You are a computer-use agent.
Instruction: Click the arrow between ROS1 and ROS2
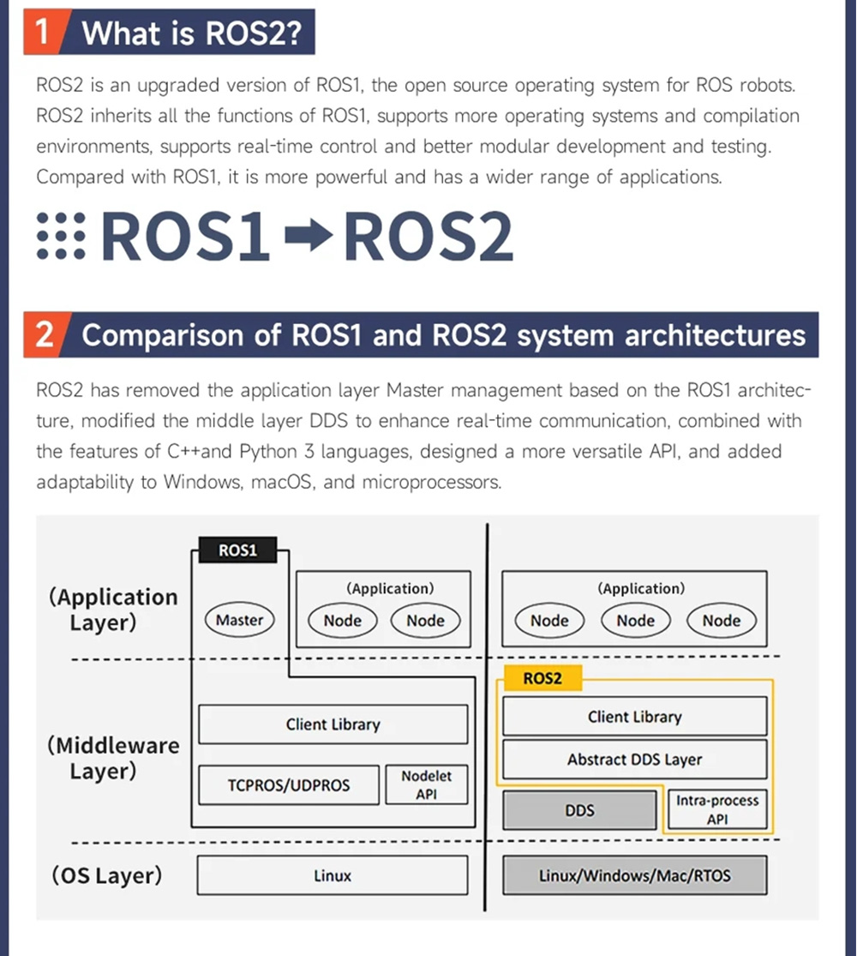[306, 237]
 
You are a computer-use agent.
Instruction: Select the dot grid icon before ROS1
[61, 237]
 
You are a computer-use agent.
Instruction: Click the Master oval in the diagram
[239, 620]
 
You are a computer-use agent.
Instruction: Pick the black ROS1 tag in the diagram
[237, 550]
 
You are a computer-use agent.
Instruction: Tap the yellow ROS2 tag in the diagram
[542, 678]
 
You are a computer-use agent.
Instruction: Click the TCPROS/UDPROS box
[289, 784]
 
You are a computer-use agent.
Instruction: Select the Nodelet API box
[426, 784]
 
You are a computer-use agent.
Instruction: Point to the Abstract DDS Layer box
[634, 759]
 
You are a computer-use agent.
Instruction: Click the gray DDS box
[580, 810]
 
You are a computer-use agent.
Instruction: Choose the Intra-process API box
[717, 809]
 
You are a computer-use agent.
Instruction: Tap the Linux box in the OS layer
[333, 875]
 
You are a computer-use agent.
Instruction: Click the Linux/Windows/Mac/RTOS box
[634, 875]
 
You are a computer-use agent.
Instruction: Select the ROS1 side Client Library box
[333, 725]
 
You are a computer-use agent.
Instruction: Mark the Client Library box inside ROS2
[634, 717]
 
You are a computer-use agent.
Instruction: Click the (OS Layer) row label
[107, 875]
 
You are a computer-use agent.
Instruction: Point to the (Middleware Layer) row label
[114, 758]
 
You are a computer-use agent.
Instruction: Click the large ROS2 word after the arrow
[428, 237]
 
